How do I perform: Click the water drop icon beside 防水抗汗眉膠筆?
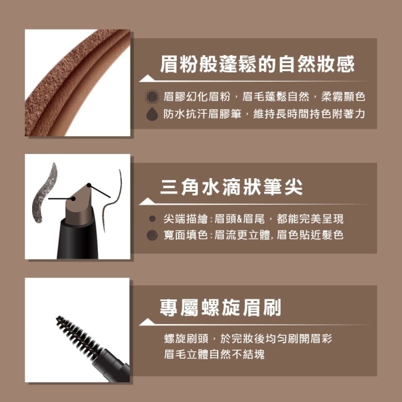[151, 114]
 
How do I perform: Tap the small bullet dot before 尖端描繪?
[152, 218]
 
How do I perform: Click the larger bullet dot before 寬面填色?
[152, 235]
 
